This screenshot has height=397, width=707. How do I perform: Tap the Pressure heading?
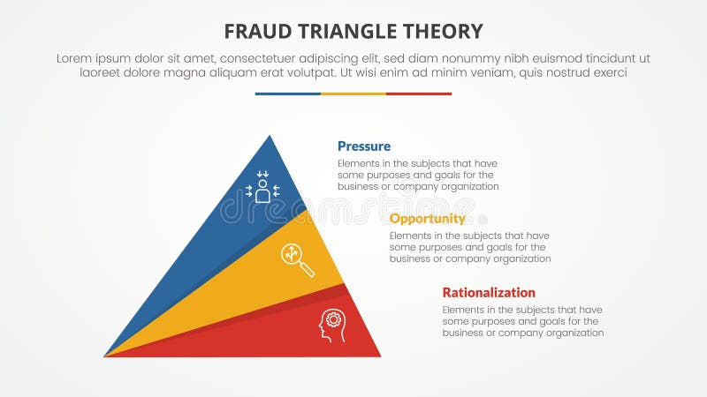click(363, 146)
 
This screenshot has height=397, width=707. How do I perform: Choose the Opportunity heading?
click(427, 219)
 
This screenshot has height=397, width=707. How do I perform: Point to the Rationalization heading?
click(489, 292)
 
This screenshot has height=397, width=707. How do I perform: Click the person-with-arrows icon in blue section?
click(262, 188)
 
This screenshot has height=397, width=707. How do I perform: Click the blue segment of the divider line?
click(287, 94)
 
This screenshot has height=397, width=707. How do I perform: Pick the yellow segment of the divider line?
click(353, 94)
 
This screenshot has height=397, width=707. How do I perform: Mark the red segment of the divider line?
click(419, 94)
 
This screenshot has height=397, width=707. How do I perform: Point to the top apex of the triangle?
click(270, 137)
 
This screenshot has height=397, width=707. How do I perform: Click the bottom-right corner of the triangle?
click(379, 356)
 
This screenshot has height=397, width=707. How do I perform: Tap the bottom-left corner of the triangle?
click(106, 356)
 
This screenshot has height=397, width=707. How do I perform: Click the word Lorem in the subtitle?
click(75, 58)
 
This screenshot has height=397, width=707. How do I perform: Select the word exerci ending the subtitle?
click(607, 73)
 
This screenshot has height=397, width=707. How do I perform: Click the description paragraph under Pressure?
click(418, 175)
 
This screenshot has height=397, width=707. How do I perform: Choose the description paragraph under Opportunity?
click(470, 247)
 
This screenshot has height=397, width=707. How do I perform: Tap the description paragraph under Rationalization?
click(522, 321)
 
